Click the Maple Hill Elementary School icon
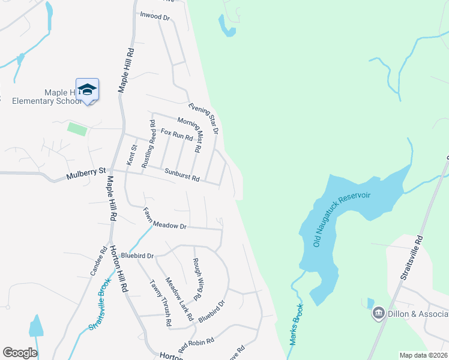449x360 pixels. pos(88,89)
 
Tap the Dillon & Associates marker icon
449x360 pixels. pos(378,313)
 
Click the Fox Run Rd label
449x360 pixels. pos(176,134)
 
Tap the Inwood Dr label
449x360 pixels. pos(155,16)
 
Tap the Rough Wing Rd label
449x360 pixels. pos(196,279)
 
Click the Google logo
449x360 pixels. pos(20,352)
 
